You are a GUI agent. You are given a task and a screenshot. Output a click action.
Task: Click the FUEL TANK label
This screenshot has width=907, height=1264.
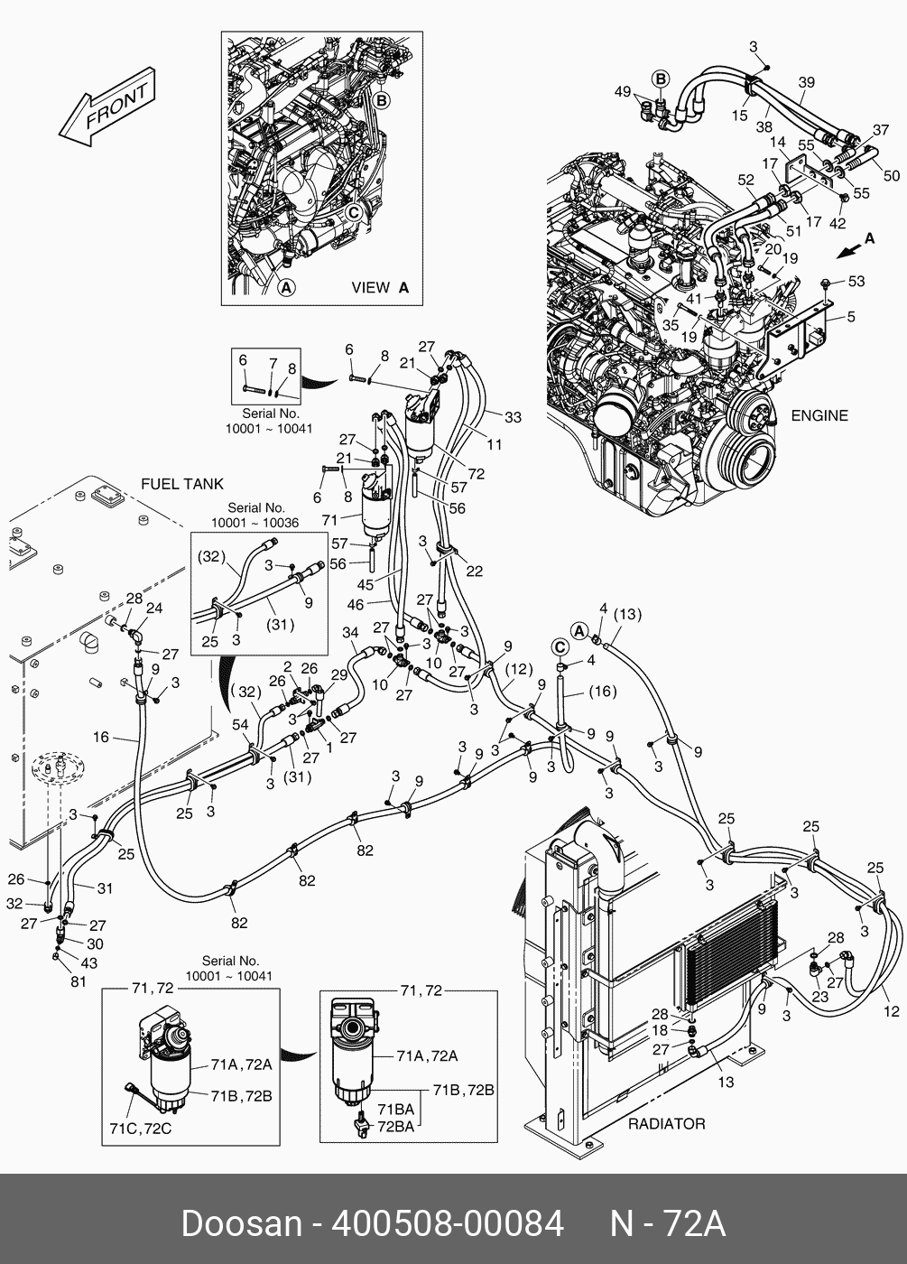(x=181, y=484)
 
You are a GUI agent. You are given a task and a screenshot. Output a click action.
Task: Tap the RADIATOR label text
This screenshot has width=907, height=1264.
(x=666, y=1124)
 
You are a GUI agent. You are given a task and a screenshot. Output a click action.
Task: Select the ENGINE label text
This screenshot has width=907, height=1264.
(x=819, y=415)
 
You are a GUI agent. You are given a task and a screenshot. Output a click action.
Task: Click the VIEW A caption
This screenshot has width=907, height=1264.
(x=379, y=288)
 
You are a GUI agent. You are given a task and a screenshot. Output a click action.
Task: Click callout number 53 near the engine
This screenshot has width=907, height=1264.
(x=856, y=281)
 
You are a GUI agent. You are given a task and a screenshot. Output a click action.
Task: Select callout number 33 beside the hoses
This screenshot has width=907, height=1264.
(x=513, y=417)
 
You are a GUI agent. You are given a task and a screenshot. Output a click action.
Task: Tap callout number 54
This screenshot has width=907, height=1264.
(x=240, y=725)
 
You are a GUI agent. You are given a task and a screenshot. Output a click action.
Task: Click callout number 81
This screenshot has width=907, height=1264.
(x=79, y=981)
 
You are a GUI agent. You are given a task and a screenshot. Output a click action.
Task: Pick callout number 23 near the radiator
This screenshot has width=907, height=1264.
(x=819, y=998)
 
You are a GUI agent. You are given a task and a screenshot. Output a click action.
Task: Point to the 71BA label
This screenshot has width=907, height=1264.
(x=395, y=1109)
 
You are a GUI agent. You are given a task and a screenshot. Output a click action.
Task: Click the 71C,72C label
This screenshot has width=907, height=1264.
(x=140, y=1129)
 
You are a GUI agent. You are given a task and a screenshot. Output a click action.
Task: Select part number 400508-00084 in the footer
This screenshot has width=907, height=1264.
(x=448, y=1223)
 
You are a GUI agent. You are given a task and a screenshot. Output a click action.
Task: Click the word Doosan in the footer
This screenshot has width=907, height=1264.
(x=241, y=1223)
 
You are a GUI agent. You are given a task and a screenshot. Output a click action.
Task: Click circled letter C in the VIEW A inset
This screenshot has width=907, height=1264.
(x=354, y=212)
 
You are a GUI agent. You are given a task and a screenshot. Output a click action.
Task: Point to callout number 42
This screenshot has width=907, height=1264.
(x=838, y=223)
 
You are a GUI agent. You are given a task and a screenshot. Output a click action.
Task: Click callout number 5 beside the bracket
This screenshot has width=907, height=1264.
(x=851, y=317)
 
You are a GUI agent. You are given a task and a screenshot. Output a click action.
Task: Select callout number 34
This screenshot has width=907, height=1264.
(x=350, y=633)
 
